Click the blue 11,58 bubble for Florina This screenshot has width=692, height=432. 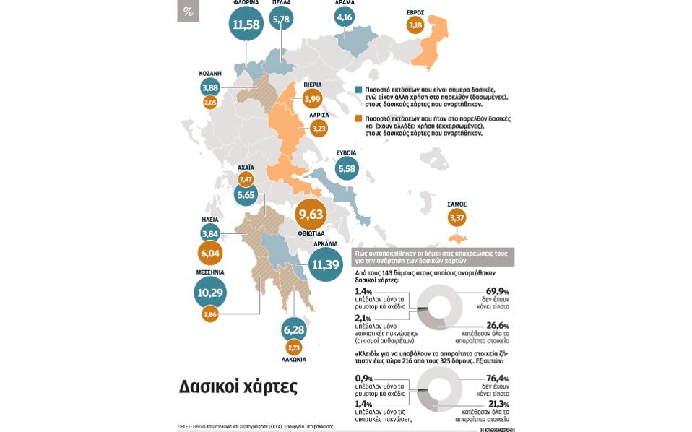click(246, 24)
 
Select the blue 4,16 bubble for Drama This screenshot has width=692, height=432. click(345, 17)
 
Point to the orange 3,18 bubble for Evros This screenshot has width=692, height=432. click(415, 25)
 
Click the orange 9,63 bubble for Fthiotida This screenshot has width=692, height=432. click(311, 215)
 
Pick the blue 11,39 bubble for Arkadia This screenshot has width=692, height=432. click(326, 265)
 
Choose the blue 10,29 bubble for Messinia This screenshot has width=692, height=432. click(210, 293)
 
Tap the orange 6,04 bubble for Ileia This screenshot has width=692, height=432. click(210, 254)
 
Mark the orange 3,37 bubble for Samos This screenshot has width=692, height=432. click(457, 217)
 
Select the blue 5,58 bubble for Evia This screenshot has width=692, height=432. click(347, 169)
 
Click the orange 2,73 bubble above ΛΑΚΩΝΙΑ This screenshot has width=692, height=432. click(294, 347)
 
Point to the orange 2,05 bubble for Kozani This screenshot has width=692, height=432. click(210, 103)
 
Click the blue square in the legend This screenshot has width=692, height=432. click(358, 90)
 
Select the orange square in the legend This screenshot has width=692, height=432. click(358, 118)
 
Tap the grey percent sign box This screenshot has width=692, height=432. click(188, 11)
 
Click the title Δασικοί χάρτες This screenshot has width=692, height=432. click(238, 386)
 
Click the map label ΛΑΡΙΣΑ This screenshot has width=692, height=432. click(319, 115)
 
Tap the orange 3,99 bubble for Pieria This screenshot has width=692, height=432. click(312, 98)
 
